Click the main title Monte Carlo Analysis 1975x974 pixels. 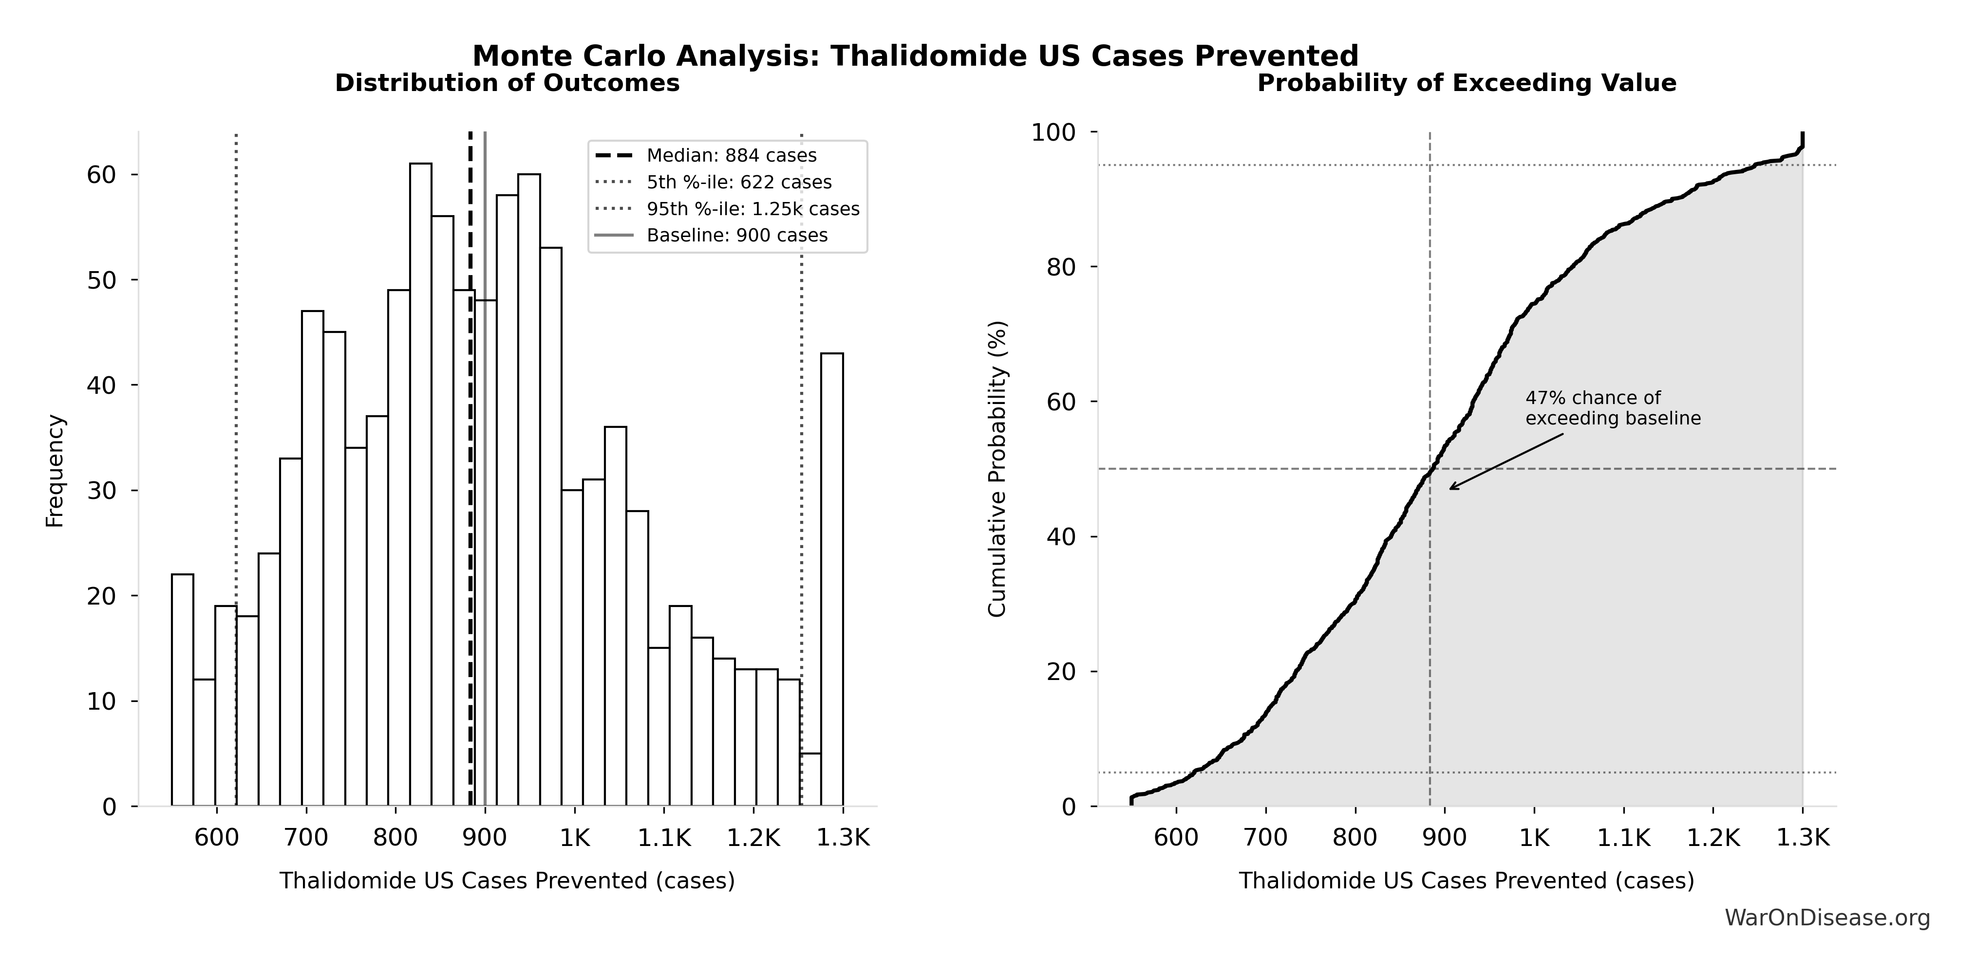click(x=915, y=56)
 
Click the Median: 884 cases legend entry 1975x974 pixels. click(x=731, y=156)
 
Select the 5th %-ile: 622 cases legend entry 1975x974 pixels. click(x=738, y=183)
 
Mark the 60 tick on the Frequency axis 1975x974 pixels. click(x=101, y=175)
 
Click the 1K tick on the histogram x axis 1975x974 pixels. click(x=574, y=838)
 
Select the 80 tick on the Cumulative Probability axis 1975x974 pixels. click(x=1061, y=267)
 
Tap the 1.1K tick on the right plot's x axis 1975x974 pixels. click(x=1623, y=838)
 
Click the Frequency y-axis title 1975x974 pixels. click(x=55, y=471)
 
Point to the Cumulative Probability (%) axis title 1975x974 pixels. click(x=997, y=469)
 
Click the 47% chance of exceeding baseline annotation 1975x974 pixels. click(x=1612, y=408)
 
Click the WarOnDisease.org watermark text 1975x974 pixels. click(x=1827, y=917)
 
